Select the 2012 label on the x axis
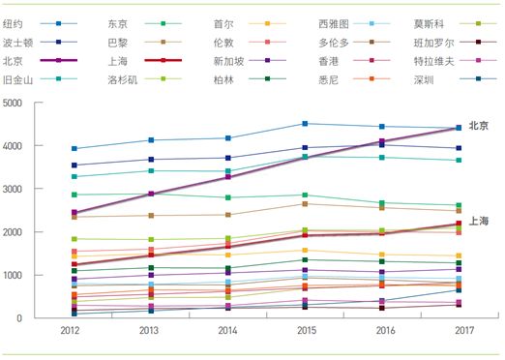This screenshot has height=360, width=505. point(74,332)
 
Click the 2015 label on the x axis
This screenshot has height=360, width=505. point(305,332)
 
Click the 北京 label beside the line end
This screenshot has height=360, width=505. point(478,126)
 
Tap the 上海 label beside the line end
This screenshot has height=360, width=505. point(478,221)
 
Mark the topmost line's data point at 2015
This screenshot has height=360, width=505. point(305,124)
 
